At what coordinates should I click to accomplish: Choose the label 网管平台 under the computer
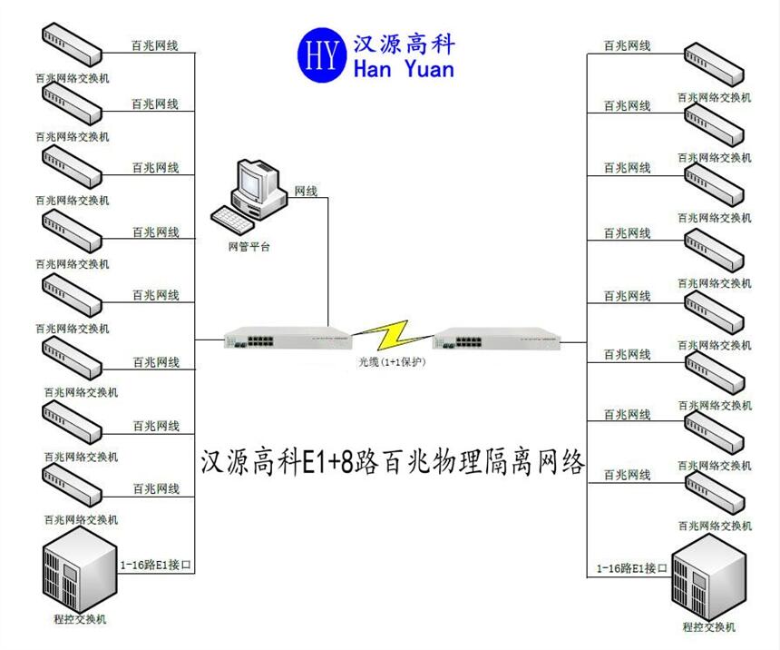249,247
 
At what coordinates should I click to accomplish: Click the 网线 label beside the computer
306,192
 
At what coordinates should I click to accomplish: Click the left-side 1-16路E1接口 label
156,565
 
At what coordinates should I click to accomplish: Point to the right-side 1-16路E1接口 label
631,568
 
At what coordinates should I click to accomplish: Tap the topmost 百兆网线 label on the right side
628,45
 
